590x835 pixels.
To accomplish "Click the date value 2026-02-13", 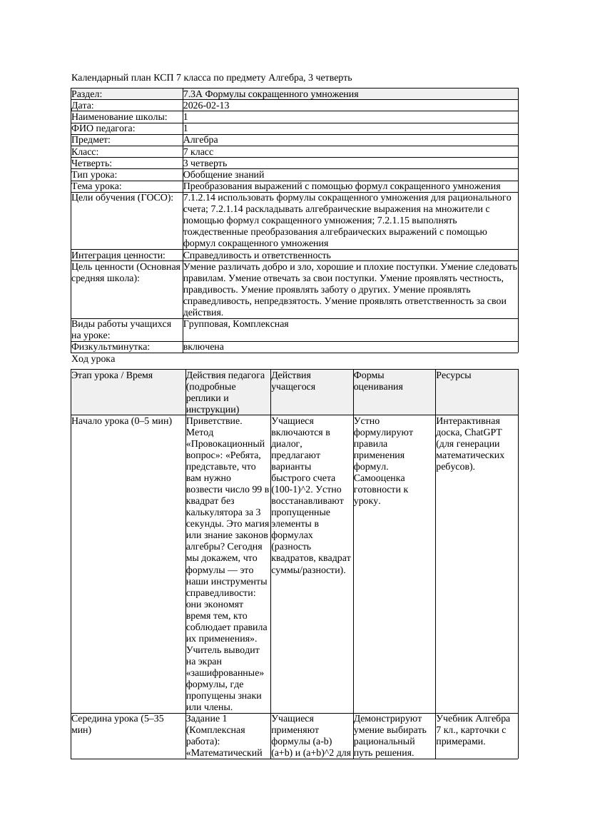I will click(206, 106).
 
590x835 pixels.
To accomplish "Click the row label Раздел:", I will click(87, 94).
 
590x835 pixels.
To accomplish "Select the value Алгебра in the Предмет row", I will click(200, 140).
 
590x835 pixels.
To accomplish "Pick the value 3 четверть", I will click(205, 163).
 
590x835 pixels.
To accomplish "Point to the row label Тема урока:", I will click(97, 186).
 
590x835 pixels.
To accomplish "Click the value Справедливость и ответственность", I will click(257, 255).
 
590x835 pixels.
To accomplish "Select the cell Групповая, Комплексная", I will click(235, 324).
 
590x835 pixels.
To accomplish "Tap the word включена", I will click(203, 347).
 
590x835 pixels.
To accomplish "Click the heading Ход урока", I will click(93, 360).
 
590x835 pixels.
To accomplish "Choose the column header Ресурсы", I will click(453, 375).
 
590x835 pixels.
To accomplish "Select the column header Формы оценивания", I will click(378, 380).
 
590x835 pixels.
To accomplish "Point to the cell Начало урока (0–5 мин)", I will click(122, 421).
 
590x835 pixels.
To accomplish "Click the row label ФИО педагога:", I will click(103, 128).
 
